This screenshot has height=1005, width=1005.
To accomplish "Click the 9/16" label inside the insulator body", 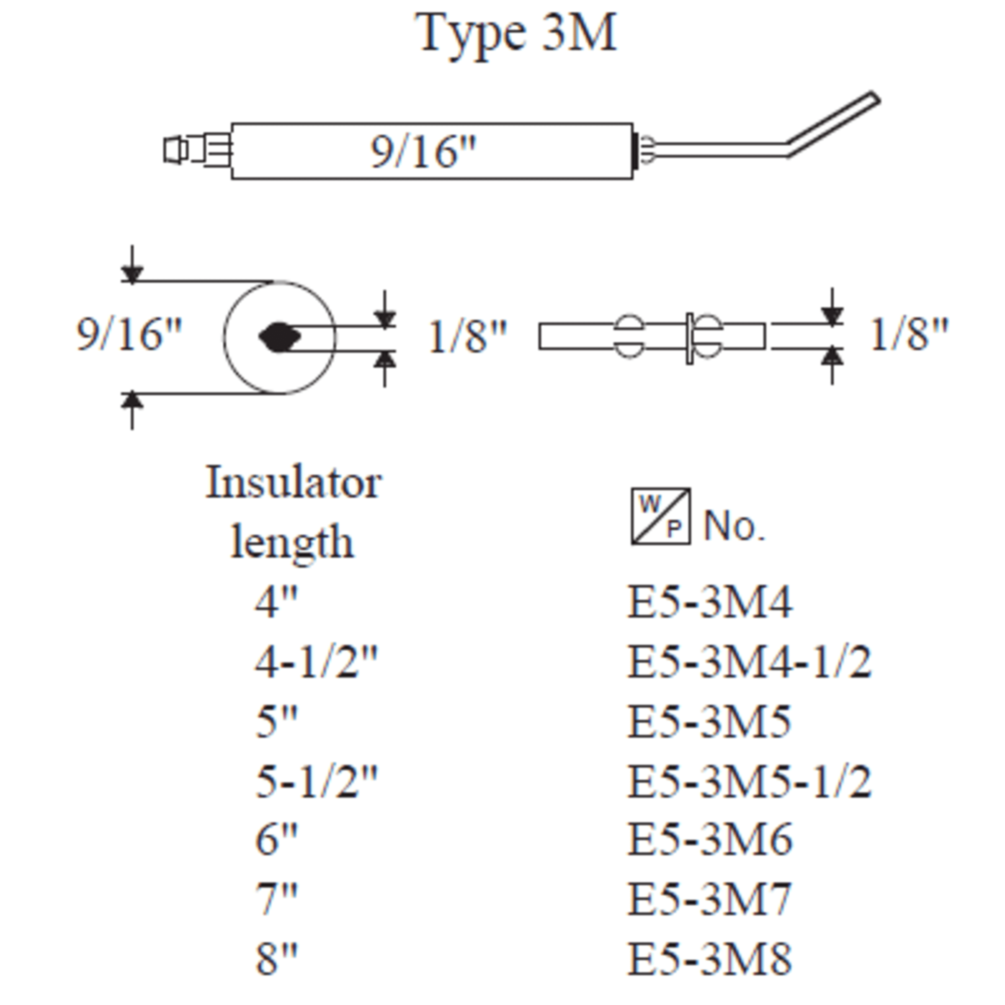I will pos(423,152).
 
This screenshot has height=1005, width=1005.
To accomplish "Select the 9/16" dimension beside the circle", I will pos(129,335).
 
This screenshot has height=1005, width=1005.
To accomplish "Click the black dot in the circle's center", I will pos(280,337).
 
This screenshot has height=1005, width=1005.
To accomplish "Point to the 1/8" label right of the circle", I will pos(466,337).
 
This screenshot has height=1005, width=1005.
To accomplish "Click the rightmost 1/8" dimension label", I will pos(909,335).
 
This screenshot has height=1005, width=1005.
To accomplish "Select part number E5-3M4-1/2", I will pos(749,662).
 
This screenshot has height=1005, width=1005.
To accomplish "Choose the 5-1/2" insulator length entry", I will pos(316,781).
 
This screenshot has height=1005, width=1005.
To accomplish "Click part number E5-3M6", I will pos(709,840).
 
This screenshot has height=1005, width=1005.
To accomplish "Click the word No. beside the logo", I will pos(734,526).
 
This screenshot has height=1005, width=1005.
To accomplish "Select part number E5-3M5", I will pos(709,722).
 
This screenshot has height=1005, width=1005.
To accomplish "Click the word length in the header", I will pos(292,543).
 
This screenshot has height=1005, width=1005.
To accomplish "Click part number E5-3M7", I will pos(709,899).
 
